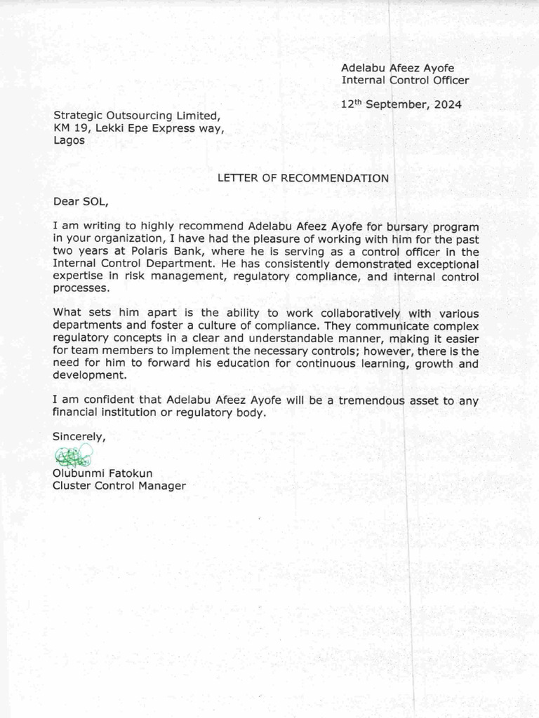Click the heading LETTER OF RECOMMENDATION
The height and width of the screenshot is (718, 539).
(x=302, y=178)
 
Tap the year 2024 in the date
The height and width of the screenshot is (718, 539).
(x=447, y=104)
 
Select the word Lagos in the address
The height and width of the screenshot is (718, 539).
(x=69, y=140)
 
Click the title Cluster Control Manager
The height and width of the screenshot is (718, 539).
(x=119, y=485)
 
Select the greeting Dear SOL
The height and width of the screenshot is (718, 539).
(x=81, y=202)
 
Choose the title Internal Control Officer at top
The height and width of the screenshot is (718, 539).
(x=405, y=80)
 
